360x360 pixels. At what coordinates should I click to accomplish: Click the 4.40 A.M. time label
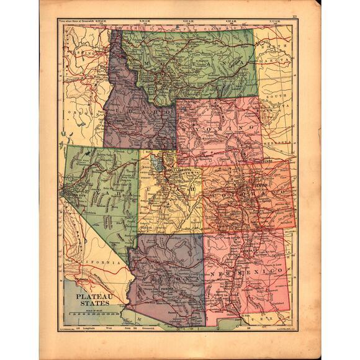click(189, 22)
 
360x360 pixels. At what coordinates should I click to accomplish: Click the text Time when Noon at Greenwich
click(79, 22)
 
